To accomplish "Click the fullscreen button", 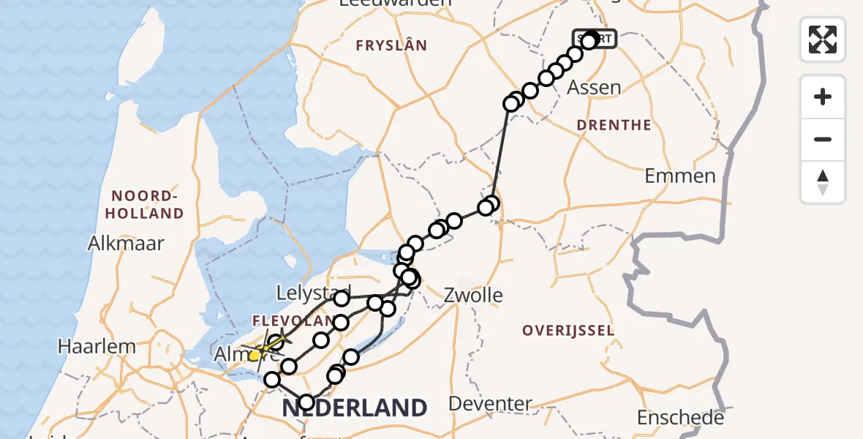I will click(823, 39).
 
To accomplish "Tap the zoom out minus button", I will click(823, 140).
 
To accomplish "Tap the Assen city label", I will click(595, 88).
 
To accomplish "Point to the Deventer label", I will click(490, 403).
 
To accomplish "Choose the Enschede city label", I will click(680, 418).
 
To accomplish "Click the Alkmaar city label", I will click(126, 243).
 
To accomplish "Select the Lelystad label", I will click(314, 293).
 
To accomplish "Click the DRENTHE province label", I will click(614, 125).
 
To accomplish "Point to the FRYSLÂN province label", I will click(391, 45).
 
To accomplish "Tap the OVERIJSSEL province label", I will click(568, 331).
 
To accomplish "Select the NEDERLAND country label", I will click(354, 408).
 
